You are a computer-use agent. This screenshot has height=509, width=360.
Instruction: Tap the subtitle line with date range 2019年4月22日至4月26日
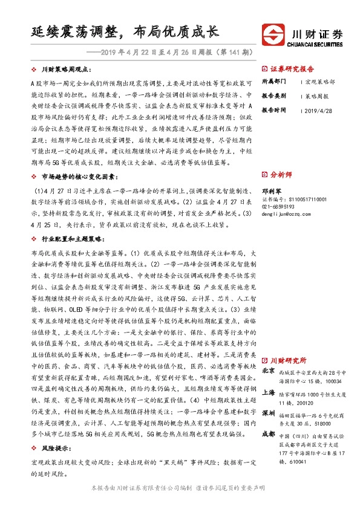click(x=172, y=53)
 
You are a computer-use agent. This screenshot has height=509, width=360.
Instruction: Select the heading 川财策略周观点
click(x=67, y=71)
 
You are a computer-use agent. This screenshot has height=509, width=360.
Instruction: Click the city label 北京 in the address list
click(x=268, y=371)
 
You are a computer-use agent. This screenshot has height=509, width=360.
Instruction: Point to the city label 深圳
click(x=268, y=414)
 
